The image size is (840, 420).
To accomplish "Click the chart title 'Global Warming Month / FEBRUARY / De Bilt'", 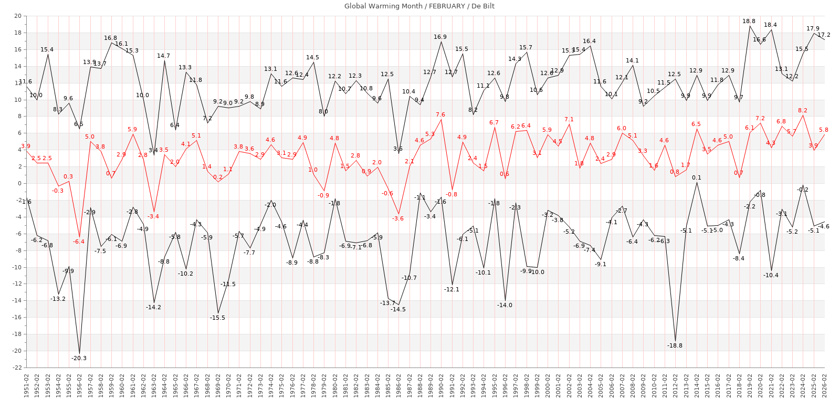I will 419,6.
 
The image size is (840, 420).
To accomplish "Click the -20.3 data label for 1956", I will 79,359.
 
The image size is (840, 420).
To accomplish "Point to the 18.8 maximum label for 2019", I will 749,22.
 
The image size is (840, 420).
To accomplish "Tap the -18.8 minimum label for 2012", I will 675,346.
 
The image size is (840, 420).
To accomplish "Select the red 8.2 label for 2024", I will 802,111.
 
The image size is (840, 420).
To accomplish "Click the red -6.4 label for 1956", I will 79,242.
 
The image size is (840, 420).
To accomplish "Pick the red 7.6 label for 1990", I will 440,115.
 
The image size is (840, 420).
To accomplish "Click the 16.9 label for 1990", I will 440,37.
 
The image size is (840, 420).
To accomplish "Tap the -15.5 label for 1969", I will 217,318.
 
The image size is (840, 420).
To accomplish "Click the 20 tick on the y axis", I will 18,16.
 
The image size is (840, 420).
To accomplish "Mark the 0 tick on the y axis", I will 19,184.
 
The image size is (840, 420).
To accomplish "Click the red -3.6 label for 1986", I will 398,219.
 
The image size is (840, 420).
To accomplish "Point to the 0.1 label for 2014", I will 697,178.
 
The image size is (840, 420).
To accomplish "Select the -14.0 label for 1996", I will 505,306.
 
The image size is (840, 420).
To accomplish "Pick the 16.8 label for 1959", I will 110,38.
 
